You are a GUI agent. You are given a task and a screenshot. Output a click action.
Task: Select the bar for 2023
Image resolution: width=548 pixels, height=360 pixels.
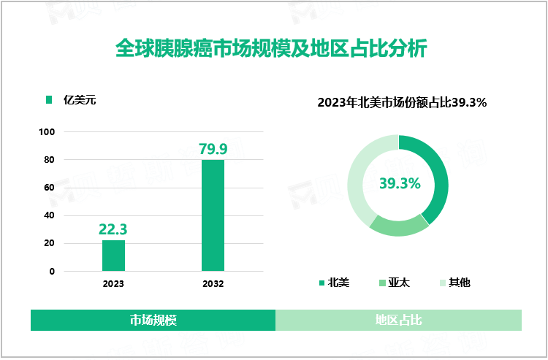(x=113, y=256)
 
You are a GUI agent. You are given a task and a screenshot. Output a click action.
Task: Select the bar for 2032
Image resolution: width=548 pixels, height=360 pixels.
(x=213, y=215)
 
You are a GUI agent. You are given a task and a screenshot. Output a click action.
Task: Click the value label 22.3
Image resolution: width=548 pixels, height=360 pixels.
(x=113, y=229)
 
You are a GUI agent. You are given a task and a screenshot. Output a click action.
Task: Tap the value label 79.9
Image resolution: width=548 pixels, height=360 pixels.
(x=213, y=149)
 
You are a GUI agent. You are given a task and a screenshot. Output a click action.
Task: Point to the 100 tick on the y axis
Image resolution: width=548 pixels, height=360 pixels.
(x=47, y=132)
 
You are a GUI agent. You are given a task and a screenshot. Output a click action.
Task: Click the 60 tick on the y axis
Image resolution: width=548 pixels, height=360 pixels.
(x=50, y=188)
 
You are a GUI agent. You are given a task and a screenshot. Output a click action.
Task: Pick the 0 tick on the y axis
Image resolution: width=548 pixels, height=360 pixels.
(x=52, y=272)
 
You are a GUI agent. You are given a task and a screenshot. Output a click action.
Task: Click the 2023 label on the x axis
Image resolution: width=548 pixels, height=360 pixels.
(x=113, y=283)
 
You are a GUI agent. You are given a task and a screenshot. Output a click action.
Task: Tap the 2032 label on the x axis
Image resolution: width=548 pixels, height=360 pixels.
(x=213, y=283)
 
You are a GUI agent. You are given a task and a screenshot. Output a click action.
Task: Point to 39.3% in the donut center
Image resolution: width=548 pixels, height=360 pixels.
(x=399, y=184)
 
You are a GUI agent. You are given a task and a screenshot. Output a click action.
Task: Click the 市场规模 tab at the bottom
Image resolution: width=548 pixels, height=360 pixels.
(x=153, y=320)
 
